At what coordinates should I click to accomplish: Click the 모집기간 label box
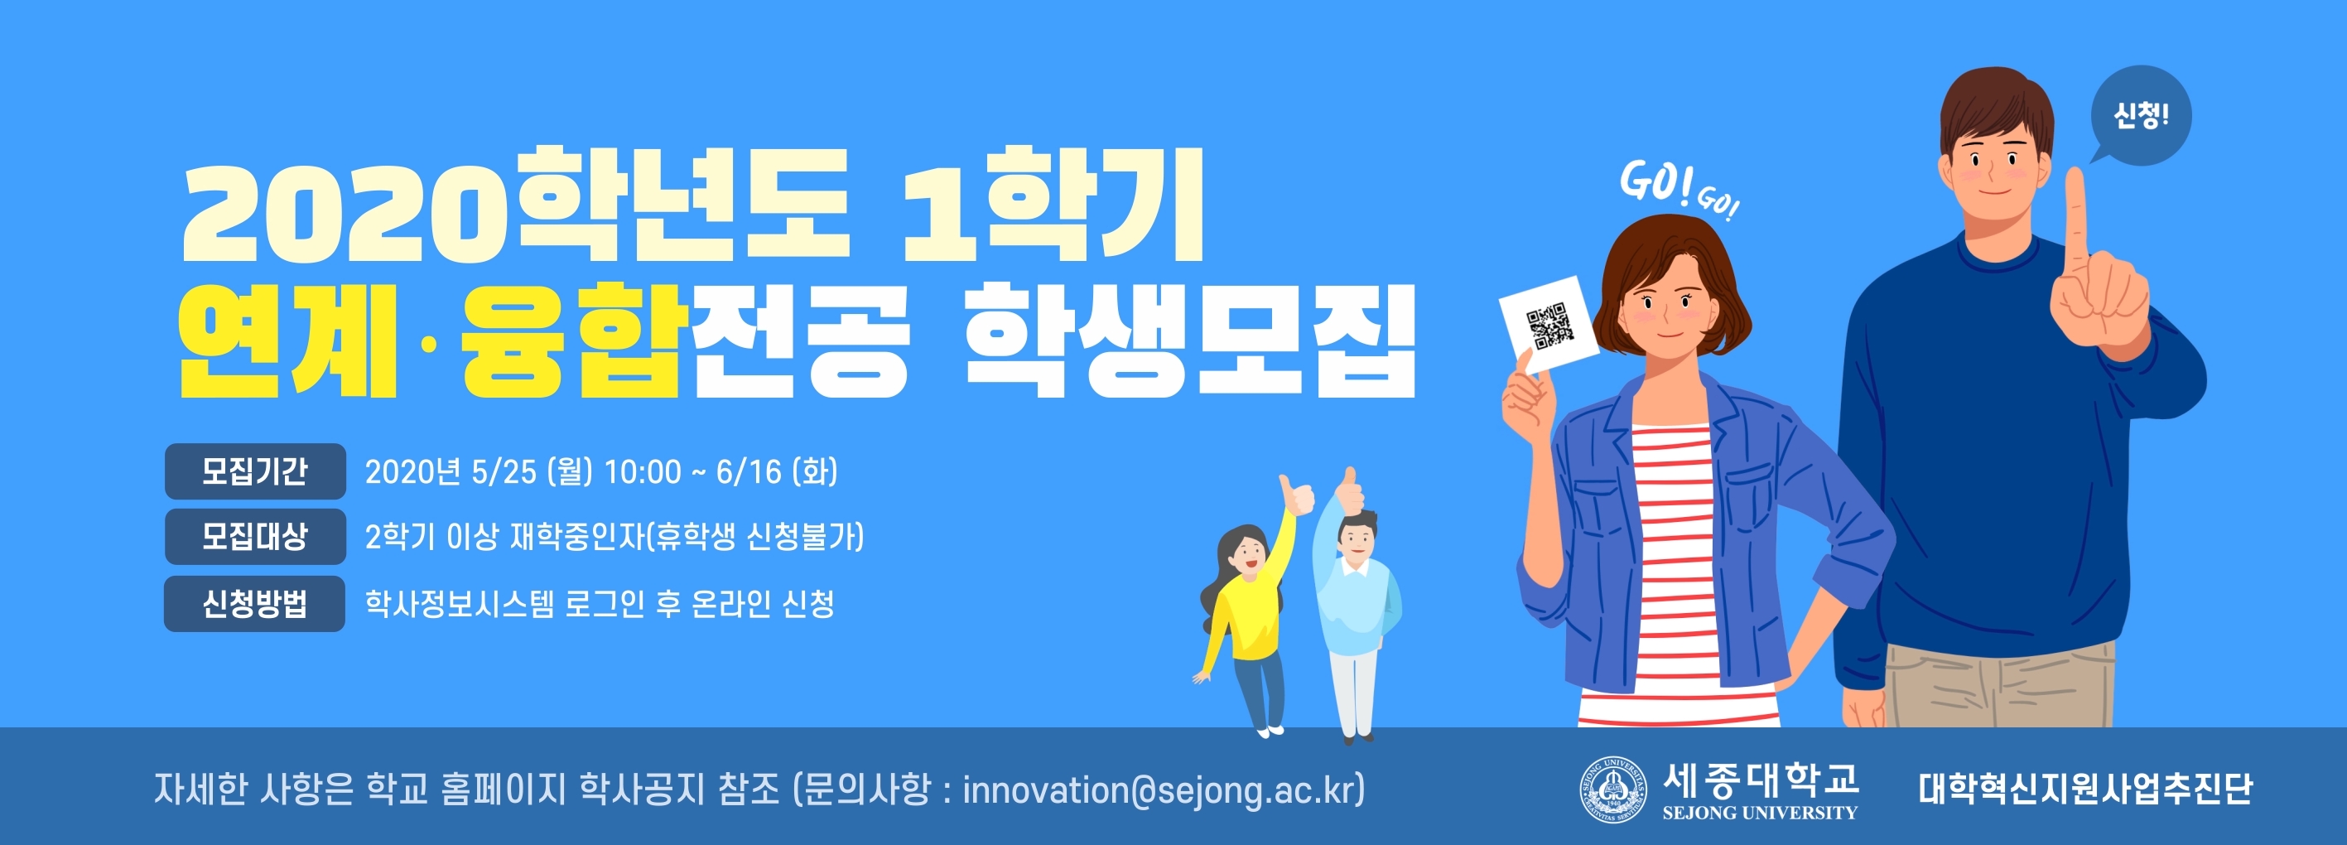point(255,471)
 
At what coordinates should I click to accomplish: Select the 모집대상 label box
point(255,537)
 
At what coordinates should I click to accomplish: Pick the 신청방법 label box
point(255,603)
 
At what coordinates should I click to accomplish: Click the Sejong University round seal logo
point(1613,789)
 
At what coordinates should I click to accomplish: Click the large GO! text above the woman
point(1655,183)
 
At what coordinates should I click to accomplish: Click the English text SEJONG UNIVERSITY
point(1759,813)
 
